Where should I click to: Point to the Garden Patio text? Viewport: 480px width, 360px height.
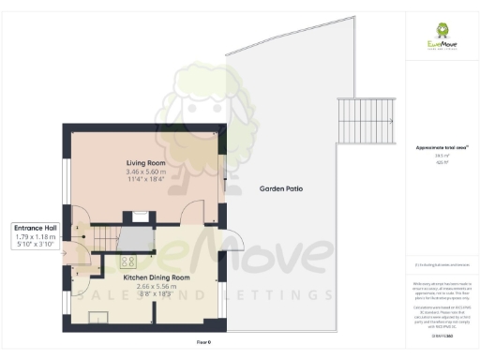(x=280, y=188)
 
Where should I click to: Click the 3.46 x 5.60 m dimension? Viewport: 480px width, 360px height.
(x=145, y=173)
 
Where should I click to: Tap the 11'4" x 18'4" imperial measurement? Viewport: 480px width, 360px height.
(x=145, y=182)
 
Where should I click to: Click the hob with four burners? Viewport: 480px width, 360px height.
(x=128, y=263)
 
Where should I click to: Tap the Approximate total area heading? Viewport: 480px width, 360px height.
(x=441, y=147)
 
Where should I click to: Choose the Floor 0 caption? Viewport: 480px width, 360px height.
(x=202, y=344)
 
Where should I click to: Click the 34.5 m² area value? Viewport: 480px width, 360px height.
(x=440, y=156)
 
